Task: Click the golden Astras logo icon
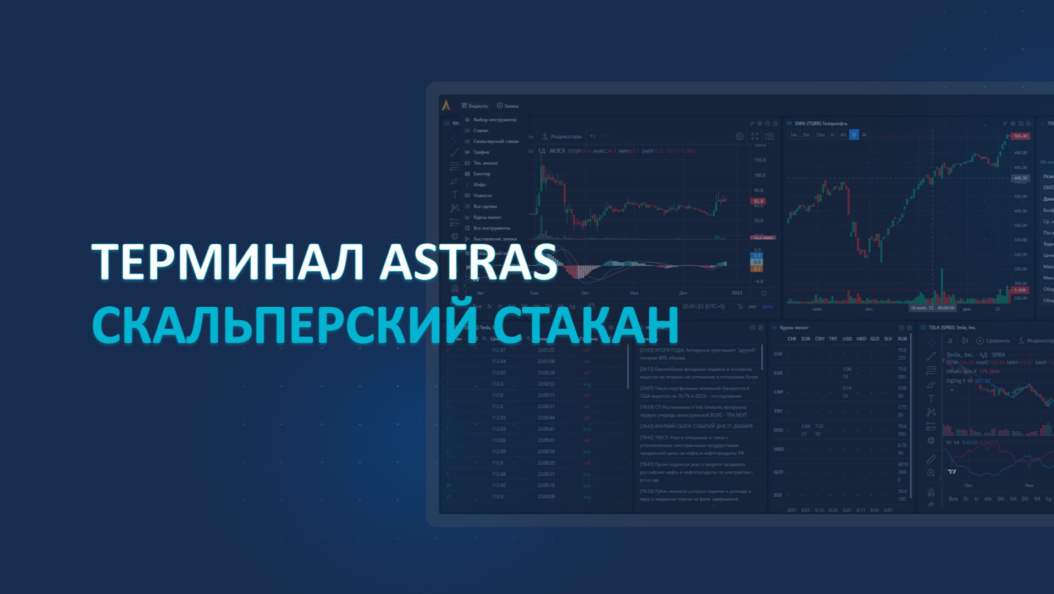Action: pos(446,105)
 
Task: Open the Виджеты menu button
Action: pos(475,106)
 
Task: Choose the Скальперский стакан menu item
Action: pos(495,141)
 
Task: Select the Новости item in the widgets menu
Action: pos(482,195)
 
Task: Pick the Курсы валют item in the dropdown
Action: pos(487,217)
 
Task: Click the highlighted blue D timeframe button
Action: pos(854,135)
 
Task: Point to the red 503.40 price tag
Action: pos(1020,136)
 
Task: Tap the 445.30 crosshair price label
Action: pos(1020,178)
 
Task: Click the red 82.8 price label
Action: pos(758,201)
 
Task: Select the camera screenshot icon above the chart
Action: pos(769,136)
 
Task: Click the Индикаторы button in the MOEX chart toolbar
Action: pos(562,136)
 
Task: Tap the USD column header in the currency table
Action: pos(847,339)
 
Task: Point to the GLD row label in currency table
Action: pos(778,472)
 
